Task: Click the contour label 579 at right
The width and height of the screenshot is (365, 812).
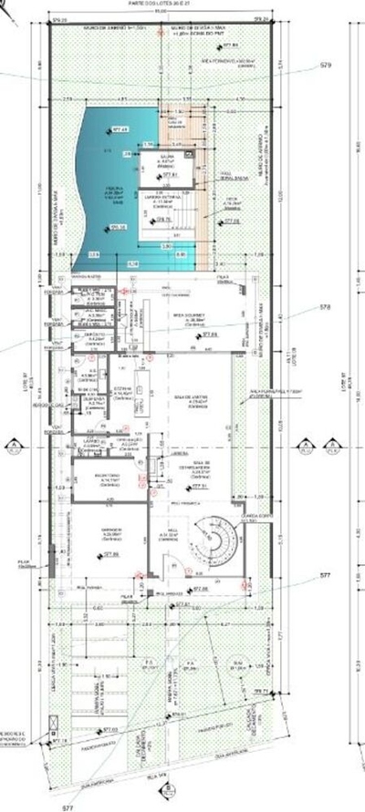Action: point(326,66)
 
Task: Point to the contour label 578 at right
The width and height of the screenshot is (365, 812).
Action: point(325,306)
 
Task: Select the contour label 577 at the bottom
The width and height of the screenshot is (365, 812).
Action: point(69,807)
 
